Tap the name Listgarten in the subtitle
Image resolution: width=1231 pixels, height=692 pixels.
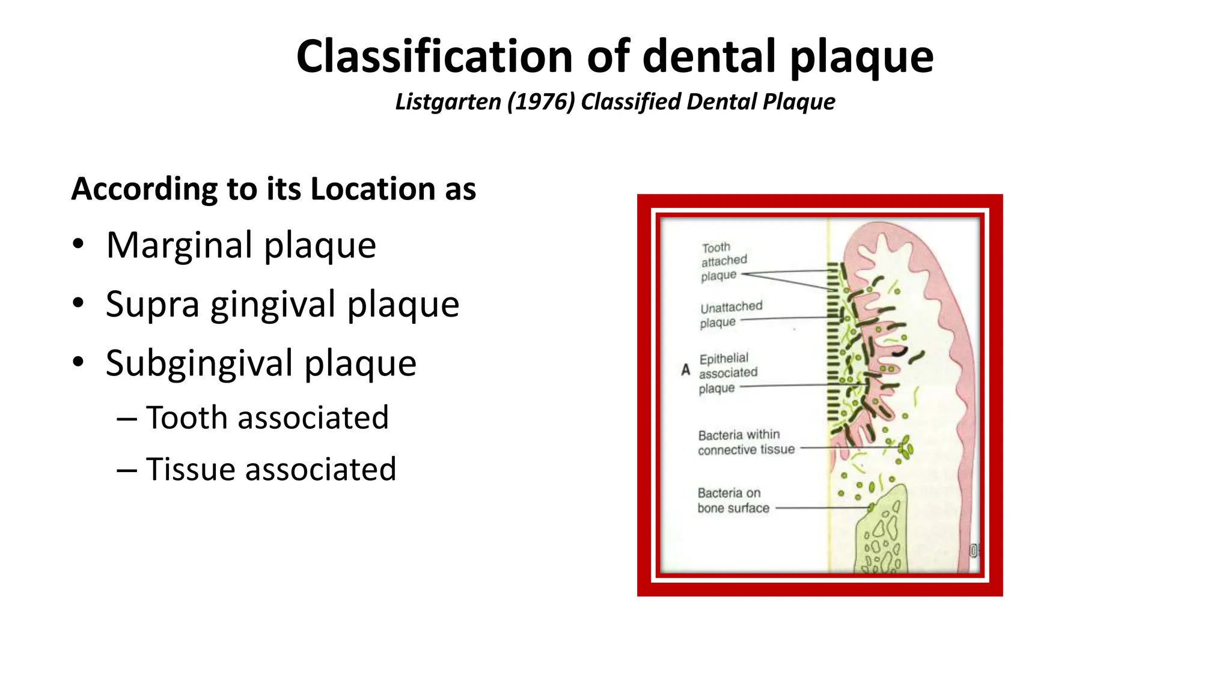tap(448, 102)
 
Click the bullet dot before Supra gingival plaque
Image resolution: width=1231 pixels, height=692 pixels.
tap(78, 303)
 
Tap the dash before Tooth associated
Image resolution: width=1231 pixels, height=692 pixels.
tap(127, 418)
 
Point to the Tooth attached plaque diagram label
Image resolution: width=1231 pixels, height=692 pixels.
tap(723, 261)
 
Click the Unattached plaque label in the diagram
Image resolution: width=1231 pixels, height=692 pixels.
tap(730, 314)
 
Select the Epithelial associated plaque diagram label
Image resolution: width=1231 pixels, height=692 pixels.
tap(727, 373)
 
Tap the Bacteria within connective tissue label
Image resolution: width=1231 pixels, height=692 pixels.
tap(745, 442)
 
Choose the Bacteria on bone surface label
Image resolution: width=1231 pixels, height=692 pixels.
tap(733, 500)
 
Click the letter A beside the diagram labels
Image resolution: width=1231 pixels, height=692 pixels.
tap(685, 370)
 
